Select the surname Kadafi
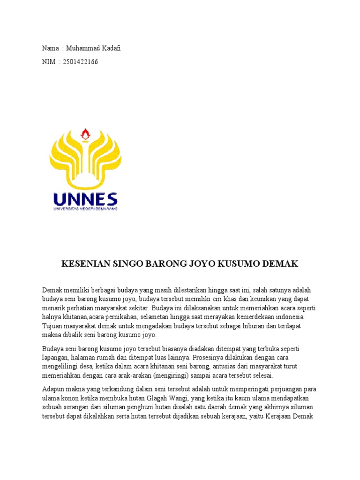pyautogui.click(x=110, y=48)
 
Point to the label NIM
pyautogui.click(x=49, y=62)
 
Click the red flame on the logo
pyautogui.click(x=85, y=134)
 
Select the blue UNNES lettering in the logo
pyautogui.click(x=85, y=199)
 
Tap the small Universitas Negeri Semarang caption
pyautogui.click(x=85, y=208)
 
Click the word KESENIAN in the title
pyautogui.click(x=86, y=264)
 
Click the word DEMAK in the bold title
pyautogui.click(x=277, y=264)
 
